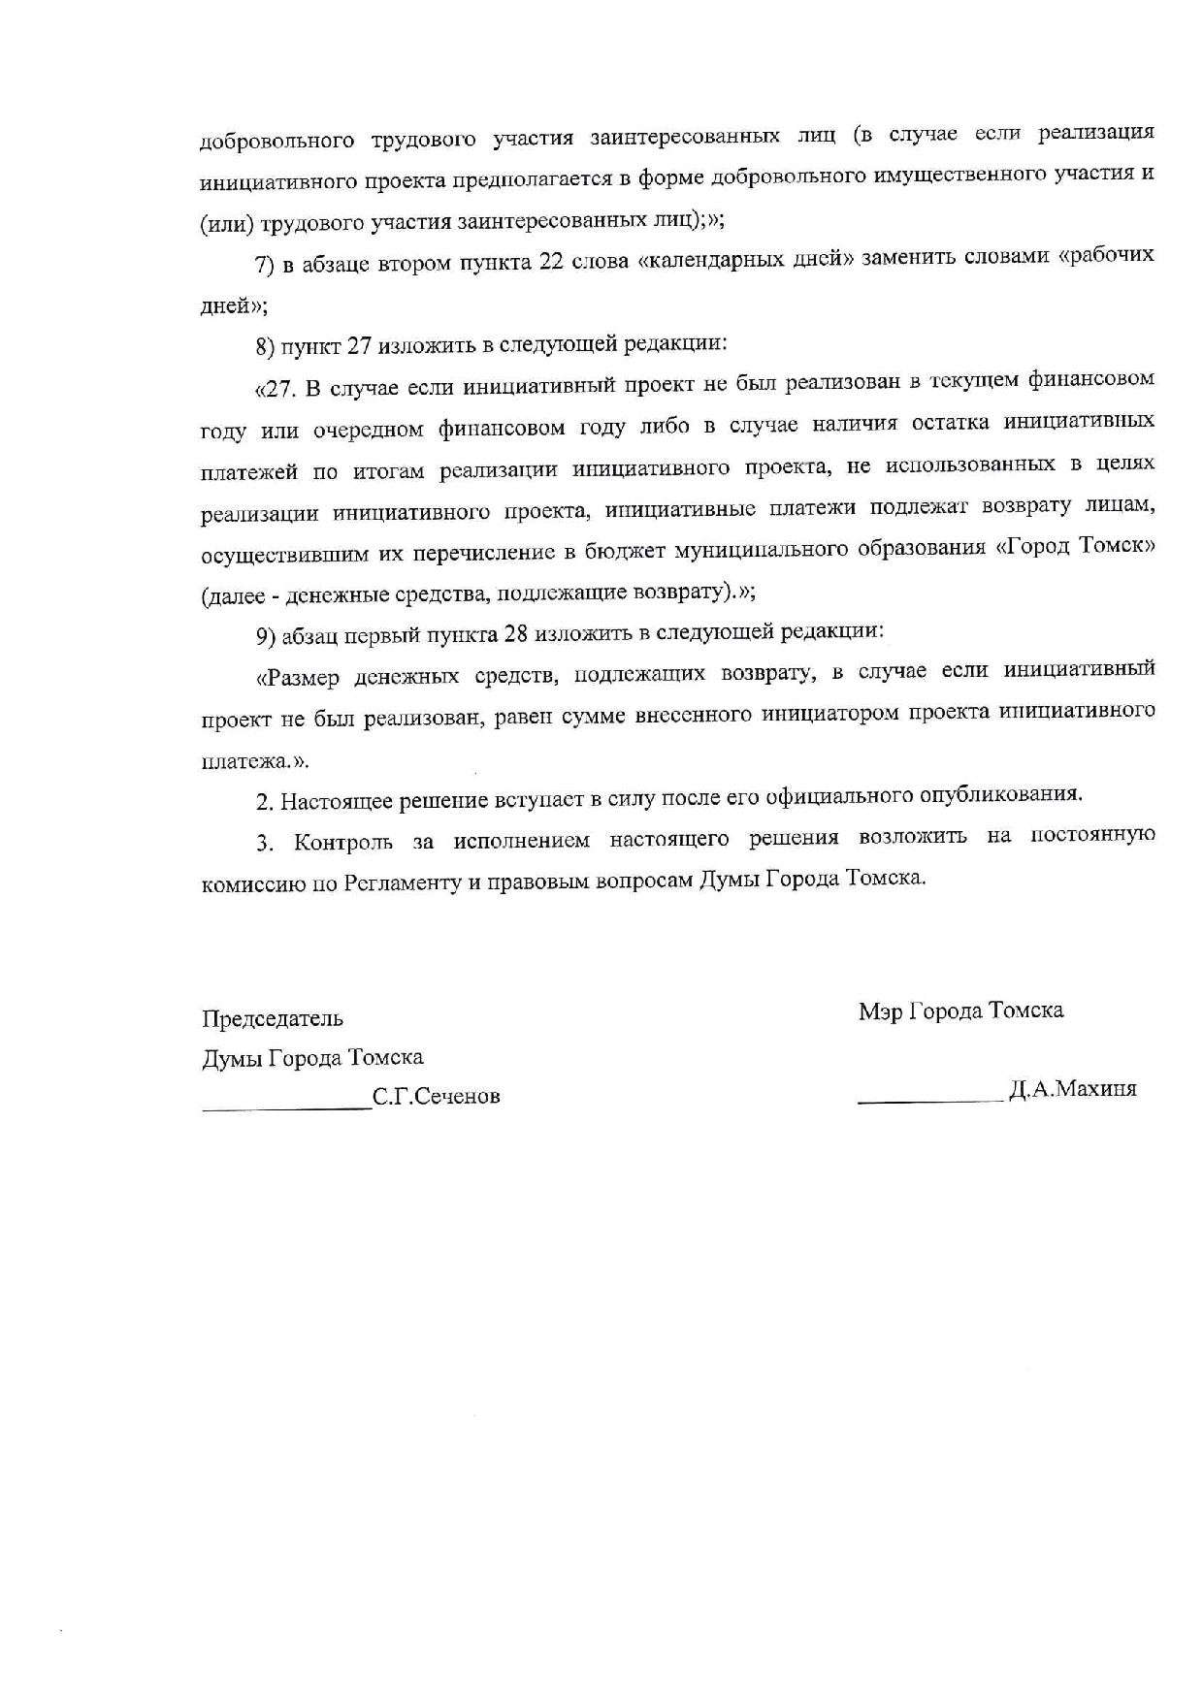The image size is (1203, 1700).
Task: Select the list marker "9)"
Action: (x=267, y=635)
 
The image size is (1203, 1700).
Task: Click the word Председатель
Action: (x=273, y=1018)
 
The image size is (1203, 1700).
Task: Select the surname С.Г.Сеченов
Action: (x=437, y=1097)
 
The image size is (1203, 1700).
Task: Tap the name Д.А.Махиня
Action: (x=1073, y=1089)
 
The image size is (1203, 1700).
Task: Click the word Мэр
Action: (x=879, y=1011)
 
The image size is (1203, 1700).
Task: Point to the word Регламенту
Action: (x=401, y=883)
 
